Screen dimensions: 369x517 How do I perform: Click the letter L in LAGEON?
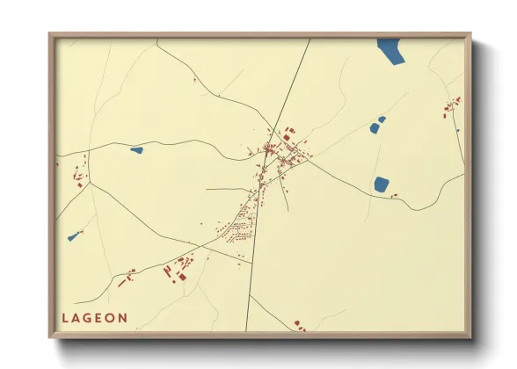point(65,318)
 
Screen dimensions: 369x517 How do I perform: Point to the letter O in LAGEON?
point(112,318)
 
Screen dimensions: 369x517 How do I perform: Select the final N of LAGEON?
point(124,318)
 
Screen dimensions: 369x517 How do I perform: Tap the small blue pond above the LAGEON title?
point(74,235)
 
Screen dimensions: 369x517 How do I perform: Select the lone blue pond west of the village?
point(136,150)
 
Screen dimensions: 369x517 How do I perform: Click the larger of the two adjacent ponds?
point(375,128)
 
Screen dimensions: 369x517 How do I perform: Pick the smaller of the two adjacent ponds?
point(382,119)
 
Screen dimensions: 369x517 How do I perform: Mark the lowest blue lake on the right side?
point(382,184)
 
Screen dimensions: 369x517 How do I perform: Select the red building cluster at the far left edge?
point(79,173)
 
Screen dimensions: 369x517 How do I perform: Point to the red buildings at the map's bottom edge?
point(299,325)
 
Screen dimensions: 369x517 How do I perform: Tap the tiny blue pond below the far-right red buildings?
point(458,131)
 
